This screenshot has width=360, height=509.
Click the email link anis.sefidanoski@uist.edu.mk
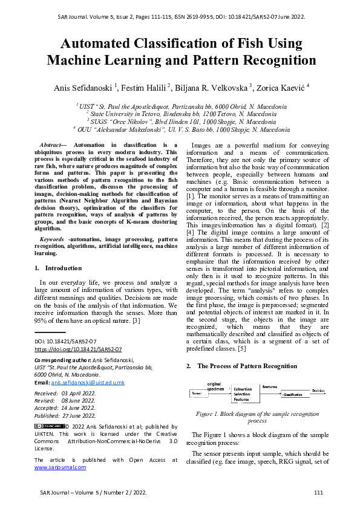(x=88, y=383)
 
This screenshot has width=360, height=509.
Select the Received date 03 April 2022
(x=79, y=393)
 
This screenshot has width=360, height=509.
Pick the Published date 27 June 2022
(x=80, y=415)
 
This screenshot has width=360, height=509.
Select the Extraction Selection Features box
(x=245, y=394)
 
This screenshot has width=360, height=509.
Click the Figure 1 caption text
(x=257, y=418)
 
